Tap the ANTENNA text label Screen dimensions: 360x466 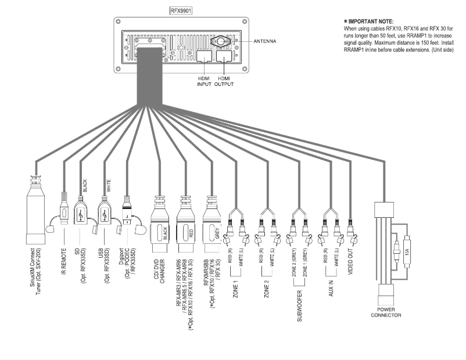click(265, 41)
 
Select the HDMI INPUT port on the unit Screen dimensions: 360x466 click(204, 56)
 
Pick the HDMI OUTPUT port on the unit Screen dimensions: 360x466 click(224, 56)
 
